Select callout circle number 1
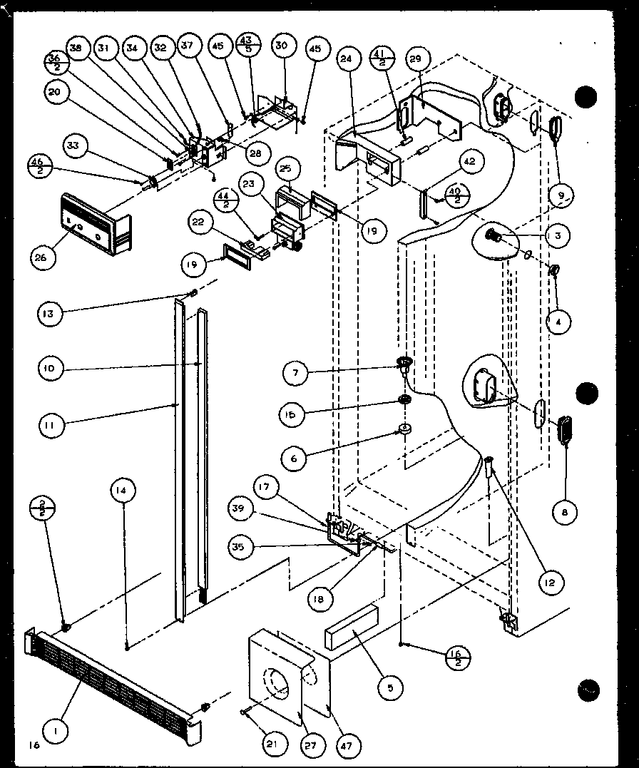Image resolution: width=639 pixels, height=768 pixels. pos(54,729)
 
